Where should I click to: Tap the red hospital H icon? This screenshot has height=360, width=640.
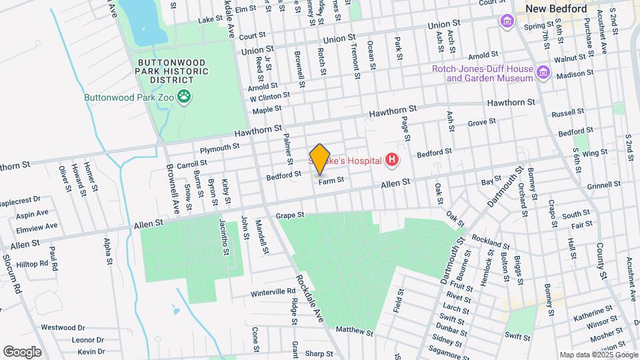coord(392,160)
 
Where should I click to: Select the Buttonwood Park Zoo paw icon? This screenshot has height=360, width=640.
coord(184,98)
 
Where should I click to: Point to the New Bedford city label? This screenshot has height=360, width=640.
coord(556,9)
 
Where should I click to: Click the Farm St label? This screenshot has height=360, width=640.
coord(331,180)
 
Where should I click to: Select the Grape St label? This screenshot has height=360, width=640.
coord(290,215)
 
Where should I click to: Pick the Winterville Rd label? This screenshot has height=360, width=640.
coord(273,292)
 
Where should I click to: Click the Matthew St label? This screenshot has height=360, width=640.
coord(355,330)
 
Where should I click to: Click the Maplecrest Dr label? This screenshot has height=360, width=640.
coord(21,199)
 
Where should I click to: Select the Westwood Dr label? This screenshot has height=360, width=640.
coord(63,327)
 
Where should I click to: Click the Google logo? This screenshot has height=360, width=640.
coord(22,351)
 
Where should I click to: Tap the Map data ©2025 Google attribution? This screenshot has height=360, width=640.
coord(599,355)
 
